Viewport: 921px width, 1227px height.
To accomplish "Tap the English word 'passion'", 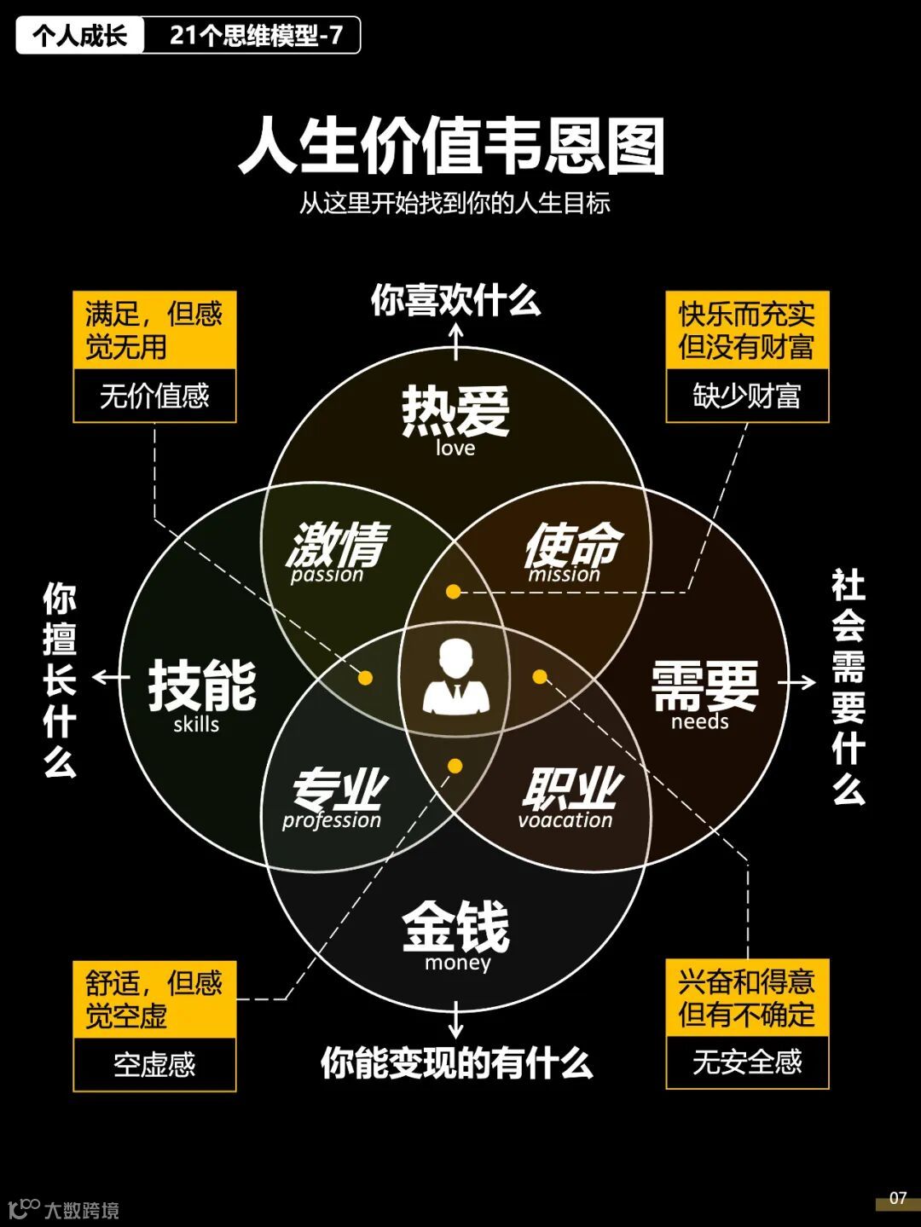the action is click(327, 575).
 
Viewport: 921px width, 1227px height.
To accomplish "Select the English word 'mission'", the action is click(564, 575).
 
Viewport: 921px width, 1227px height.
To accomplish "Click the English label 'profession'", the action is click(332, 820).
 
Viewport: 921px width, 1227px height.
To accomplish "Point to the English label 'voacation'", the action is click(565, 820).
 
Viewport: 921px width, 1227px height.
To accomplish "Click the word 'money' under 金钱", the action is click(458, 964).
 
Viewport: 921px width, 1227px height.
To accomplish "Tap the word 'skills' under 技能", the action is click(196, 725).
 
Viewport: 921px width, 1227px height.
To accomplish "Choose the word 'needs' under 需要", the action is click(699, 722).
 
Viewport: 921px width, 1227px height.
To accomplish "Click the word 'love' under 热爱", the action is click(455, 449).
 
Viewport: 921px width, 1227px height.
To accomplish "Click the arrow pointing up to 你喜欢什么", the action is click(456, 340).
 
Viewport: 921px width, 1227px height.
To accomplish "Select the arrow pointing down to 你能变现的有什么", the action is click(456, 1020).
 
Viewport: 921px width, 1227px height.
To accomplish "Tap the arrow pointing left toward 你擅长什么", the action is click(109, 678).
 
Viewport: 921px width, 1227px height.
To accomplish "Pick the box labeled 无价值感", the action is click(154, 396).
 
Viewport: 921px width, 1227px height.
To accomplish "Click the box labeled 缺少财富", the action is click(747, 396).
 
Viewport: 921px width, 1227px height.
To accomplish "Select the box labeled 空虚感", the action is click(154, 1064).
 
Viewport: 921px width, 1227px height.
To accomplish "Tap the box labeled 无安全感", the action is click(747, 1062).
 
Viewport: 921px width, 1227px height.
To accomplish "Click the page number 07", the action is click(898, 1198).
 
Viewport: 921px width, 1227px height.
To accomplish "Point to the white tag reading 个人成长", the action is click(80, 36).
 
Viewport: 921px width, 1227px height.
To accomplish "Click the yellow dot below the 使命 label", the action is click(454, 592).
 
